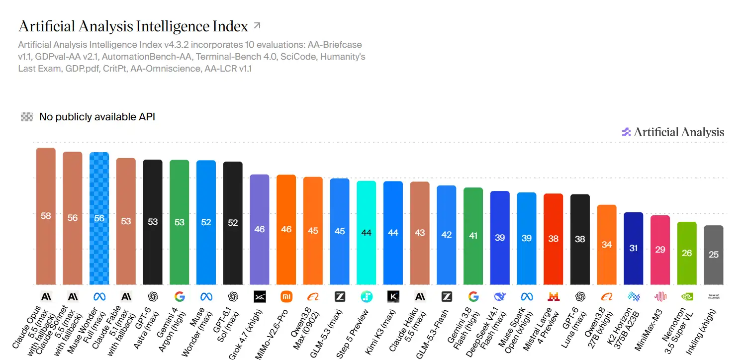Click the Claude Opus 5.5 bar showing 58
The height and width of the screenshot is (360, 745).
[x=46, y=216]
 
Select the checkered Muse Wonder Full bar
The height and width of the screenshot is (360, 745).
[x=99, y=218]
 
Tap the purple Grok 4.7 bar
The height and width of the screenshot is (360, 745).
[x=260, y=229]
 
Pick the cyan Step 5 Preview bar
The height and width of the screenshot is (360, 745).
[x=366, y=233]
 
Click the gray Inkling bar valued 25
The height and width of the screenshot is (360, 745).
[x=713, y=255]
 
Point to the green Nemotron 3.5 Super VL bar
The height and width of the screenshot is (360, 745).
[x=687, y=253]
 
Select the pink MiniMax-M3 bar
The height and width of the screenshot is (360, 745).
[x=660, y=250]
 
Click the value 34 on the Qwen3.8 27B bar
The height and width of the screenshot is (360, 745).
[x=607, y=245]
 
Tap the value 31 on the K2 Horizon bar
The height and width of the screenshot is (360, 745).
[x=633, y=248]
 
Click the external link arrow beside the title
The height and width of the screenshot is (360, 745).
[x=257, y=25]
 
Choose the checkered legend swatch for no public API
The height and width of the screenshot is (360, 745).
[x=27, y=117]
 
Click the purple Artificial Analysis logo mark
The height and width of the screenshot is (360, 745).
[x=626, y=132]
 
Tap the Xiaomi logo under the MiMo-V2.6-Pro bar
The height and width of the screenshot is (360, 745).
[x=286, y=296]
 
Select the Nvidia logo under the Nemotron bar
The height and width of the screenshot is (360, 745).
[x=687, y=296]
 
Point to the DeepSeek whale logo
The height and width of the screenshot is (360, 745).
[x=500, y=296]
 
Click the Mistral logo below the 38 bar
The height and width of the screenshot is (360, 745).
[x=554, y=296]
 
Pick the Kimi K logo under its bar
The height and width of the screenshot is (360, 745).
[x=393, y=296]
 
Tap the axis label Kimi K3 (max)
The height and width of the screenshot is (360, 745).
[x=380, y=332]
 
